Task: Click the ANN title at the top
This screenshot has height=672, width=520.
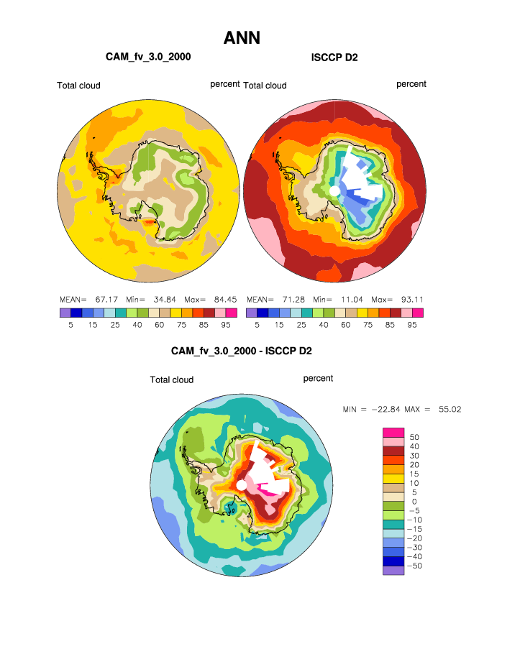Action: coord(242,37)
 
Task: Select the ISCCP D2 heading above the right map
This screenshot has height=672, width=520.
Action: coord(334,57)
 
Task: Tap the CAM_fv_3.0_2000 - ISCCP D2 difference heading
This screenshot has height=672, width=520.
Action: coord(241,351)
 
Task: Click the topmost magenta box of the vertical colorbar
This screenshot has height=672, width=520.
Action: coord(393,431)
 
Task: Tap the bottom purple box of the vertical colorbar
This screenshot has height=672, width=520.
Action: coord(393,571)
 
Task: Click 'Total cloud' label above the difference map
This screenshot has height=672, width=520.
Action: coord(172,379)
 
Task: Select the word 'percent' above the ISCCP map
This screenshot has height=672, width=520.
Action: coord(411,84)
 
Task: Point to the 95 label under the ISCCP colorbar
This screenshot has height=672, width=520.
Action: coord(412,325)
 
